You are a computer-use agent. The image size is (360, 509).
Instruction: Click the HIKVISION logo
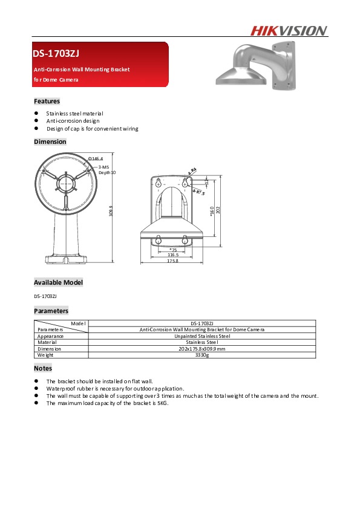(289, 31)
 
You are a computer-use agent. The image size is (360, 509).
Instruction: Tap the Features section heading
(47, 101)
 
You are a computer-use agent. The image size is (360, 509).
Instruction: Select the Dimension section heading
(50, 141)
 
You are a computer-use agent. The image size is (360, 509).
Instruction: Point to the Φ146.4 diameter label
(96, 158)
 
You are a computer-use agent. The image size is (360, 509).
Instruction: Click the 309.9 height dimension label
(110, 213)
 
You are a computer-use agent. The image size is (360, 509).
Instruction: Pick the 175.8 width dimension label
(173, 261)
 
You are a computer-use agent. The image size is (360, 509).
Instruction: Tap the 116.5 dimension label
(173, 255)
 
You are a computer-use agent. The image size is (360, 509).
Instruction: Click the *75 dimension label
(173, 250)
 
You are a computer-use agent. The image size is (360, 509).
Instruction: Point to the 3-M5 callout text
(103, 167)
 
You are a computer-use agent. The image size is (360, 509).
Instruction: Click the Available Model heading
(58, 282)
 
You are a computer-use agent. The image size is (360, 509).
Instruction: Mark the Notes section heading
(43, 368)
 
